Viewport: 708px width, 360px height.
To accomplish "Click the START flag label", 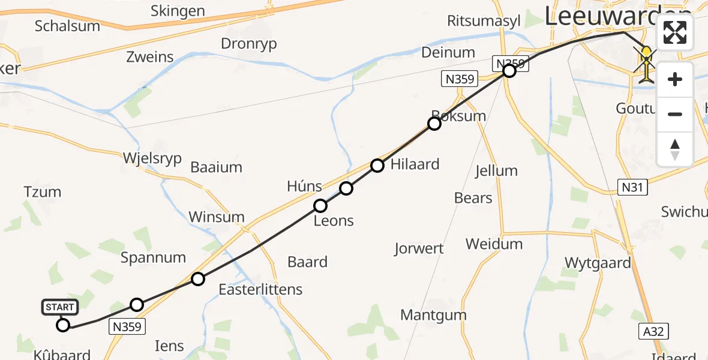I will click(59, 307).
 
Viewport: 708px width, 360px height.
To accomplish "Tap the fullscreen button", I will click(675, 32).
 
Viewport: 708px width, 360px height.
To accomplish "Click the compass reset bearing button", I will click(675, 149).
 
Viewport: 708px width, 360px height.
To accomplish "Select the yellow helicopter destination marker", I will click(646, 63).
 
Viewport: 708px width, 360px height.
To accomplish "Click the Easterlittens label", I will click(260, 289).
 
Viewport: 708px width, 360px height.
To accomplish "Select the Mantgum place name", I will click(433, 314).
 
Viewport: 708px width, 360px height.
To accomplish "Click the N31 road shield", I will click(632, 188).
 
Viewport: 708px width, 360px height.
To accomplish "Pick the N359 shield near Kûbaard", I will click(127, 326).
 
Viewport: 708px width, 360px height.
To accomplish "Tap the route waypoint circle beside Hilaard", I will click(377, 166).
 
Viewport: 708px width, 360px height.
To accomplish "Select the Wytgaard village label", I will click(598, 262).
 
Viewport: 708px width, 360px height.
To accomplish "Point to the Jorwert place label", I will click(419, 248).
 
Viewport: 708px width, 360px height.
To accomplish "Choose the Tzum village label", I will click(43, 192).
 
